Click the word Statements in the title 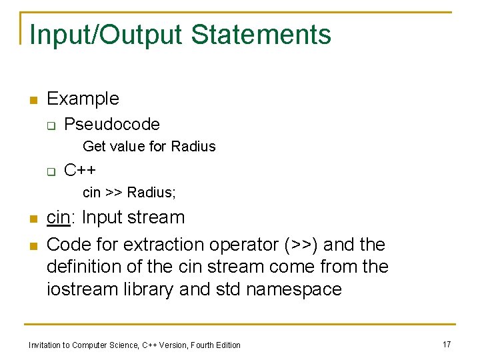[264, 35]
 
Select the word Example [83, 99]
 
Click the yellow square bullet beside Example [31, 101]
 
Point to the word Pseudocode [112, 124]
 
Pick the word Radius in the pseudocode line [193, 146]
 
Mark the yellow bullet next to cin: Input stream [31, 219]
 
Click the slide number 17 [447, 344]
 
